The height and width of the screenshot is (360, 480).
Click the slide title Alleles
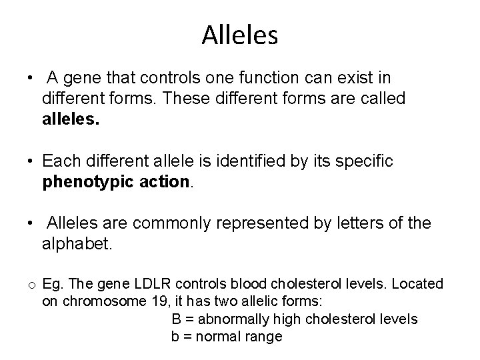pos(239,35)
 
